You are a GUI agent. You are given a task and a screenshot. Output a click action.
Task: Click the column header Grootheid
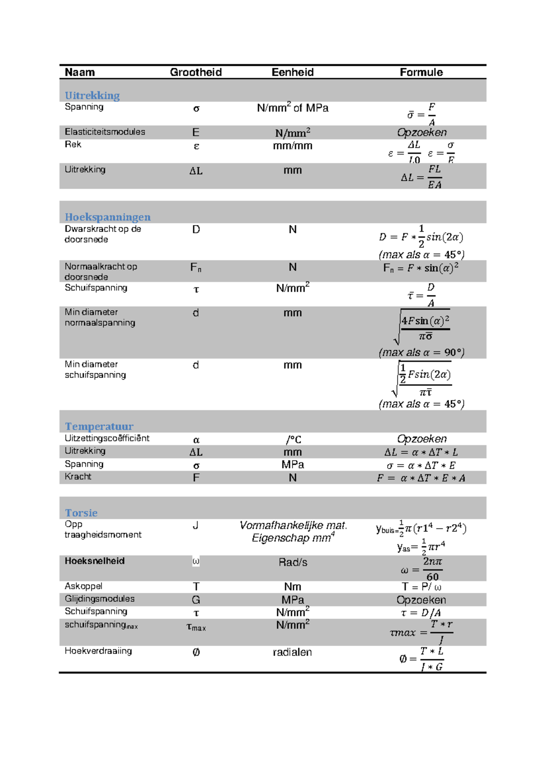(196, 72)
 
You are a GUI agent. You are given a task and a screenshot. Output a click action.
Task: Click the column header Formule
(421, 72)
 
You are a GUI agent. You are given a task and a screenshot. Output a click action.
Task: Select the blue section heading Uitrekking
(92, 95)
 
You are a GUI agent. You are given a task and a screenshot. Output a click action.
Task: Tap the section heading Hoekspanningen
(107, 217)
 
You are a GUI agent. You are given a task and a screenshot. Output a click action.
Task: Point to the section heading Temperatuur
(99, 426)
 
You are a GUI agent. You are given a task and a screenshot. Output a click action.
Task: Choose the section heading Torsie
(81, 512)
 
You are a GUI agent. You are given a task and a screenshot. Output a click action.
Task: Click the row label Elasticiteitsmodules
(105, 132)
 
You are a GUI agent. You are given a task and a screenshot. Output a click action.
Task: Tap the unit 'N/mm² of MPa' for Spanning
(293, 108)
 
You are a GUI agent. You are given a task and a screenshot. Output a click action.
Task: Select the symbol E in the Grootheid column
(196, 132)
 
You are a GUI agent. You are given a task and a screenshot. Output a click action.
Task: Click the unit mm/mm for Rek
(293, 146)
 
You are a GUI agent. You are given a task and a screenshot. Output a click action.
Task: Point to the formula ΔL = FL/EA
(421, 176)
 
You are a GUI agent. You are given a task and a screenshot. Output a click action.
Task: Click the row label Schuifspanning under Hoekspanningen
(96, 288)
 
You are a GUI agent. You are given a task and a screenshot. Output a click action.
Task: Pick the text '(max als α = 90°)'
(421, 352)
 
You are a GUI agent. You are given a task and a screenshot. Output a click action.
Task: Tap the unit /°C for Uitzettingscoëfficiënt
(293, 440)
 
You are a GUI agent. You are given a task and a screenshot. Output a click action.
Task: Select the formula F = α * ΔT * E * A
(421, 478)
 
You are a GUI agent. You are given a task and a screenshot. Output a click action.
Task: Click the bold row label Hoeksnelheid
(94, 561)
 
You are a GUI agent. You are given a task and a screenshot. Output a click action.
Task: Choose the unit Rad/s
(293, 562)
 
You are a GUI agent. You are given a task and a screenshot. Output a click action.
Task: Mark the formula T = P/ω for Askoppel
(421, 587)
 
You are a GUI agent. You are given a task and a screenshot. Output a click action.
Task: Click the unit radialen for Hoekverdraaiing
(292, 652)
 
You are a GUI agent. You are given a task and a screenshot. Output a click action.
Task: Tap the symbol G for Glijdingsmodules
(196, 600)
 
